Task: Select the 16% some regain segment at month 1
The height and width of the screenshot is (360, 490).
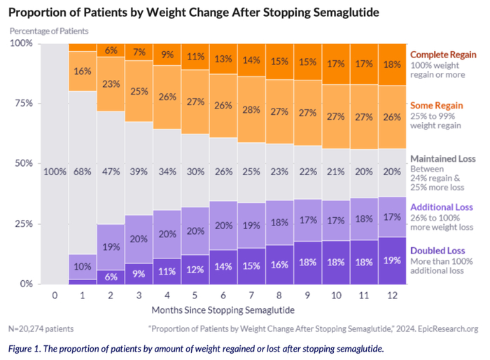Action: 83,71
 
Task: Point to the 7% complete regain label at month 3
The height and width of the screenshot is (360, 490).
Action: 140,53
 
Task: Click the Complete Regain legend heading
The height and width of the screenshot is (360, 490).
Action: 442,54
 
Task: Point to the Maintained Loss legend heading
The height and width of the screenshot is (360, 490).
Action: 444,158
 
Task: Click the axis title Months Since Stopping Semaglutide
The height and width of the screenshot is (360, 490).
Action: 223,310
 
